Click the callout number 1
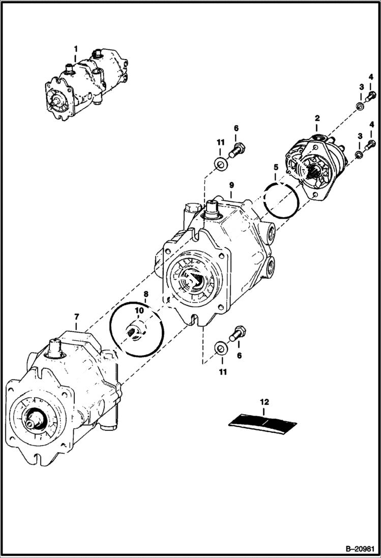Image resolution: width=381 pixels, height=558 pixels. [x=76, y=49]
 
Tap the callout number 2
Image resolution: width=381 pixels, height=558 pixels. [x=317, y=118]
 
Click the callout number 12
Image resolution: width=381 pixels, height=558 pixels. [x=264, y=402]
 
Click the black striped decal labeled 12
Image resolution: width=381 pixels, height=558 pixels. [x=264, y=422]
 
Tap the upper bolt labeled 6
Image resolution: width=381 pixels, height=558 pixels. [x=238, y=150]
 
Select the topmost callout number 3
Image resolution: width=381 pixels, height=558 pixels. [x=361, y=87]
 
